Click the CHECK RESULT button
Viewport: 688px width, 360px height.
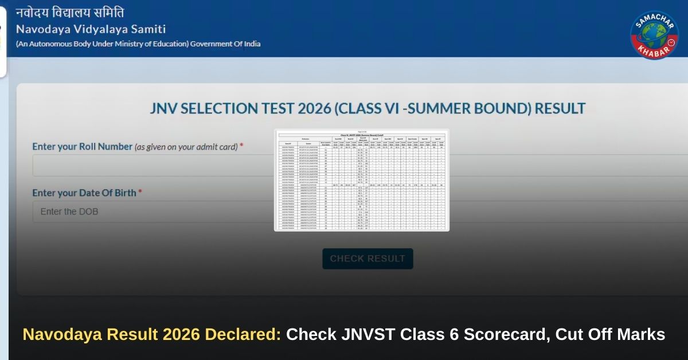(x=368, y=259)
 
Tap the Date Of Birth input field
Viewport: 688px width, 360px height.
(x=149, y=212)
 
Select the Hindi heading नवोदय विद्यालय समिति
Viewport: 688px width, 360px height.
(x=69, y=12)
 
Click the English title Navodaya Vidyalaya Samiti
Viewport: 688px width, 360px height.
(x=91, y=29)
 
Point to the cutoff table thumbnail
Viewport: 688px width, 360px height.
(x=361, y=180)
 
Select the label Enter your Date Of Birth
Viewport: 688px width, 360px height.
(x=84, y=193)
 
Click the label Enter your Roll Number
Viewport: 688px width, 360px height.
(x=82, y=147)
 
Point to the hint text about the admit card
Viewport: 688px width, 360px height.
(x=186, y=147)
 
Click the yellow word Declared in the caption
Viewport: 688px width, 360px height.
(x=249, y=334)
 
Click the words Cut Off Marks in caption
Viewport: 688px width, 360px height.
(x=610, y=334)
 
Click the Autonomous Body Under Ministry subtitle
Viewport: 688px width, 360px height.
(x=138, y=44)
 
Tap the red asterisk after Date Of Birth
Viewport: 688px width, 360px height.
(x=140, y=193)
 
